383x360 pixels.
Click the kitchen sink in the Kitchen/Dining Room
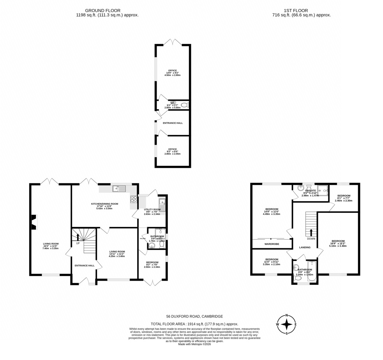[119, 189]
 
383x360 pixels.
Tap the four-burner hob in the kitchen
[133, 199]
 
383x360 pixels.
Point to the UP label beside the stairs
[78, 243]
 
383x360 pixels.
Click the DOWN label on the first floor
[311, 239]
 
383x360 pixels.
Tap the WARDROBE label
[272, 244]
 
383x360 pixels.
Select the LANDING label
[305, 247]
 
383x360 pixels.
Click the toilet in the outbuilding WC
[185, 105]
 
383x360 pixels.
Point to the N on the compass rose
[287, 315]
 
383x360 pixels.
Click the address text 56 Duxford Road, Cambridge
[194, 316]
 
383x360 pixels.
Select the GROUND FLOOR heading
[103, 11]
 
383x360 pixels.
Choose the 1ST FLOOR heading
[296, 11]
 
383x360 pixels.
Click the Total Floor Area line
[194, 324]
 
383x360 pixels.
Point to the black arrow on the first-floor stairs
[311, 232]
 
